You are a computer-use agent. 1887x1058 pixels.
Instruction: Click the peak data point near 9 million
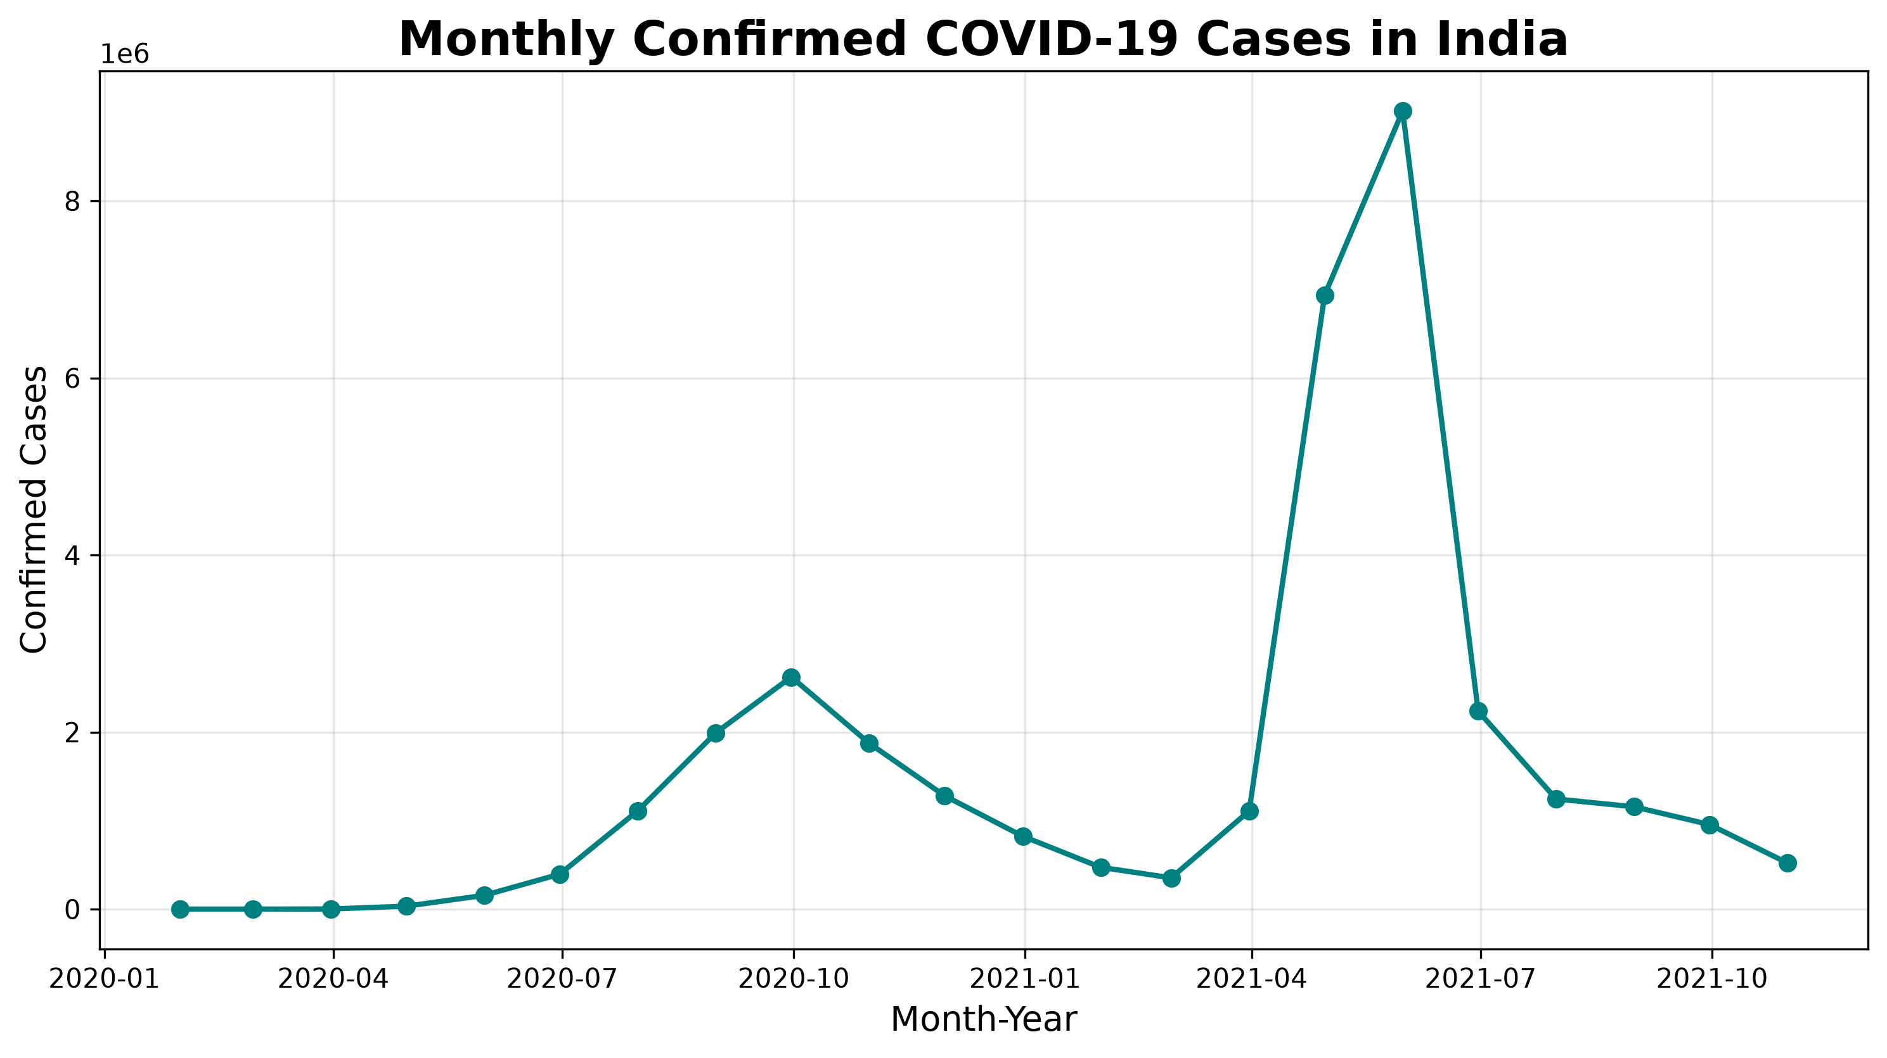tap(1403, 112)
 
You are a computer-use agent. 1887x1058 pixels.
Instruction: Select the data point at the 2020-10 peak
tap(791, 677)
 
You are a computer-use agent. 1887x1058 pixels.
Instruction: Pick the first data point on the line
tap(180, 909)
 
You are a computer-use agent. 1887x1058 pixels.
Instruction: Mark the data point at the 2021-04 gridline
tap(1250, 812)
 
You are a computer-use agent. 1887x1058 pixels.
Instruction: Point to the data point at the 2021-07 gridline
tap(1478, 711)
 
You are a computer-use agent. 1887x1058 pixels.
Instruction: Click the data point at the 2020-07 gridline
tap(560, 874)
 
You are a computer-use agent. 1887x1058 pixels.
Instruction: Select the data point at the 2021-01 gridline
tap(1023, 837)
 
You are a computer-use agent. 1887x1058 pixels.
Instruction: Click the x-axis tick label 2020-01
tap(104, 979)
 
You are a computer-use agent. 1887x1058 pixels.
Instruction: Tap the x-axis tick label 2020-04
tap(333, 979)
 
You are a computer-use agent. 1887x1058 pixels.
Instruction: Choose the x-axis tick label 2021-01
tap(1024, 979)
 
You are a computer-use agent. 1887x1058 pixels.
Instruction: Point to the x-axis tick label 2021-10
tap(1712, 979)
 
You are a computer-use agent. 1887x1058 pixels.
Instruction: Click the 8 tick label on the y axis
tap(72, 202)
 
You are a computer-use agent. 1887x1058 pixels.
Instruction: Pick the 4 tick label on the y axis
tap(72, 556)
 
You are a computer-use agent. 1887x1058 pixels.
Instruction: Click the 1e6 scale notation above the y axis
tap(124, 55)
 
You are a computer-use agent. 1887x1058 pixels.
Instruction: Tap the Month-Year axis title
tap(984, 1020)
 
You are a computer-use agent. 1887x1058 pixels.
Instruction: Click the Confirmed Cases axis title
tap(34, 509)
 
